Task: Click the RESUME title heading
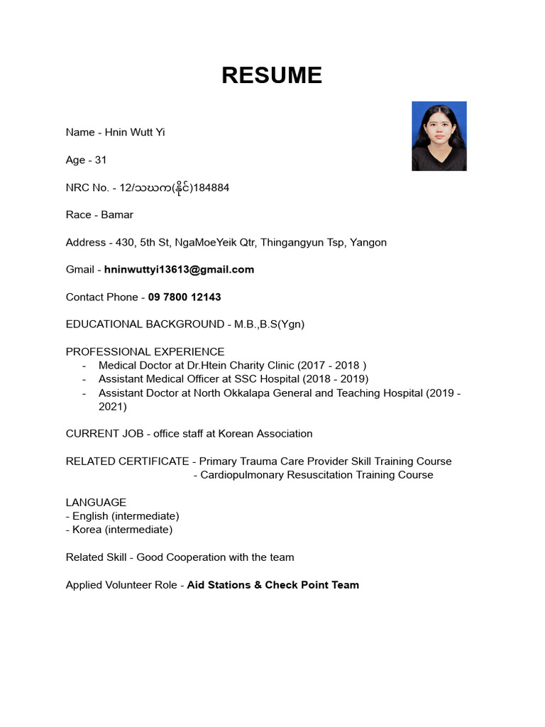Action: [x=272, y=75]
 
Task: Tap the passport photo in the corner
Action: [x=439, y=136]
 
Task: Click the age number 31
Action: [x=100, y=160]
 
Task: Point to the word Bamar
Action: [x=117, y=215]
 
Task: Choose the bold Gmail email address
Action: [x=179, y=270]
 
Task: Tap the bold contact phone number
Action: [x=185, y=297]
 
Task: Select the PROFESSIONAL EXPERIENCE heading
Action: [x=145, y=352]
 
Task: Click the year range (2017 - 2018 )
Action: [x=331, y=366]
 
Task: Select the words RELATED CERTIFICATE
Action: [x=128, y=461]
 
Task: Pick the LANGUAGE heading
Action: [x=96, y=503]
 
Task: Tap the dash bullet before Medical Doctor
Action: [x=84, y=366]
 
